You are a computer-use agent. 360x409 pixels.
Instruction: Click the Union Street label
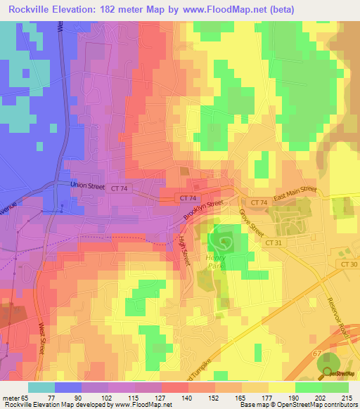(86, 184)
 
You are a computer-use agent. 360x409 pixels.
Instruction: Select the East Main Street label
(295, 195)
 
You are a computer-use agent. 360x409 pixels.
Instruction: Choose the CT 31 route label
(274, 240)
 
